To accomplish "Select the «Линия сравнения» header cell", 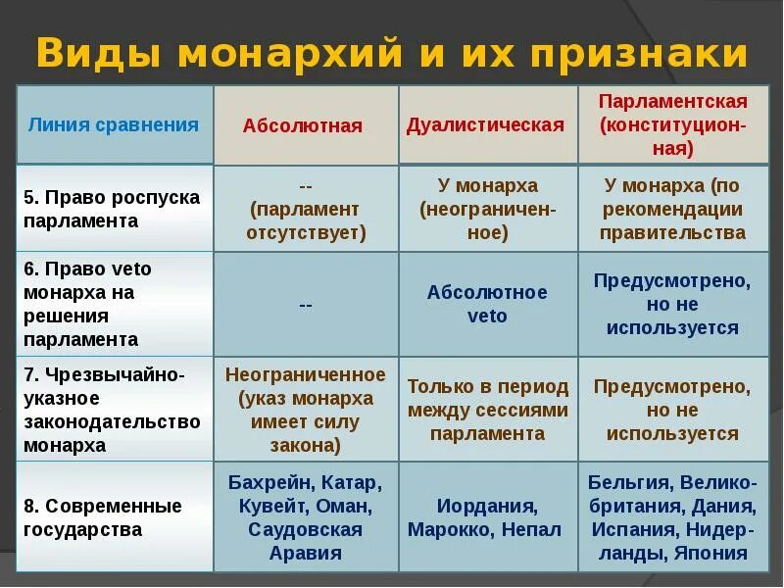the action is pyautogui.click(x=114, y=124).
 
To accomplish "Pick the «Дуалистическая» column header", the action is pyautogui.click(x=486, y=124).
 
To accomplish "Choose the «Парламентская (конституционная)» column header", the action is pyautogui.click(x=673, y=124).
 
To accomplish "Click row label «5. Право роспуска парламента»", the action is pyautogui.click(x=112, y=209).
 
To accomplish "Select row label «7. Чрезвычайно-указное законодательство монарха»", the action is pyautogui.click(x=112, y=410).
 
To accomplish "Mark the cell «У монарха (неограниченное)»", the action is pyautogui.click(x=487, y=209).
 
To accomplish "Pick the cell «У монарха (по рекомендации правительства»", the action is pyautogui.click(x=673, y=209).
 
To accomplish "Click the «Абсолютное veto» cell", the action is pyautogui.click(x=487, y=304).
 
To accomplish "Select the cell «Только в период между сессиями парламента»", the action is pyautogui.click(x=487, y=410).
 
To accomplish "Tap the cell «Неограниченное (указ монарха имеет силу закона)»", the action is pyautogui.click(x=306, y=410).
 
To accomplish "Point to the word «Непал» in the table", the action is pyautogui.click(x=532, y=529).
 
